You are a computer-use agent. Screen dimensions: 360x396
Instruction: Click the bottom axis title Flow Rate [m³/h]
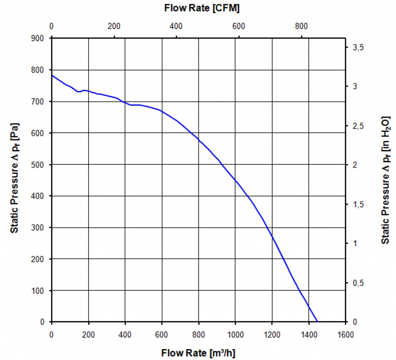[198, 353]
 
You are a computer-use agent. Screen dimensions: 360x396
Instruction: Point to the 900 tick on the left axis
[40, 38]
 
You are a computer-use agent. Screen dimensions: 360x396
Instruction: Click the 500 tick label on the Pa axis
[40, 165]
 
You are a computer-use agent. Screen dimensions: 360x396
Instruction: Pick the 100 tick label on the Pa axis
[40, 290]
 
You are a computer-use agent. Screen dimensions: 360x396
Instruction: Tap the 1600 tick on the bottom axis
[345, 334]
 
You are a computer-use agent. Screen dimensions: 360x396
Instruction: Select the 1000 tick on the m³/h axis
[235, 334]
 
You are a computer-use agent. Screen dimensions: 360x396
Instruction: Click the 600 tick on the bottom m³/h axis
[162, 334]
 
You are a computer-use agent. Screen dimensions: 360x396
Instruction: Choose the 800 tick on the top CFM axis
[301, 26]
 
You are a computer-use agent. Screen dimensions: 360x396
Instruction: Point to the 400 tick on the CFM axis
[176, 26]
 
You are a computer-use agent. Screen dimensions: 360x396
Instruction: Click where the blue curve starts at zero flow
[52, 75]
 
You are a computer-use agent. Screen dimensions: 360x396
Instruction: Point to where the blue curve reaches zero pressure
[317, 321]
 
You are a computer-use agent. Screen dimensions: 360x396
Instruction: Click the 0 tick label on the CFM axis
[52, 26]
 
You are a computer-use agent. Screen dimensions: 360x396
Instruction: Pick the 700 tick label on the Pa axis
[40, 101]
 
